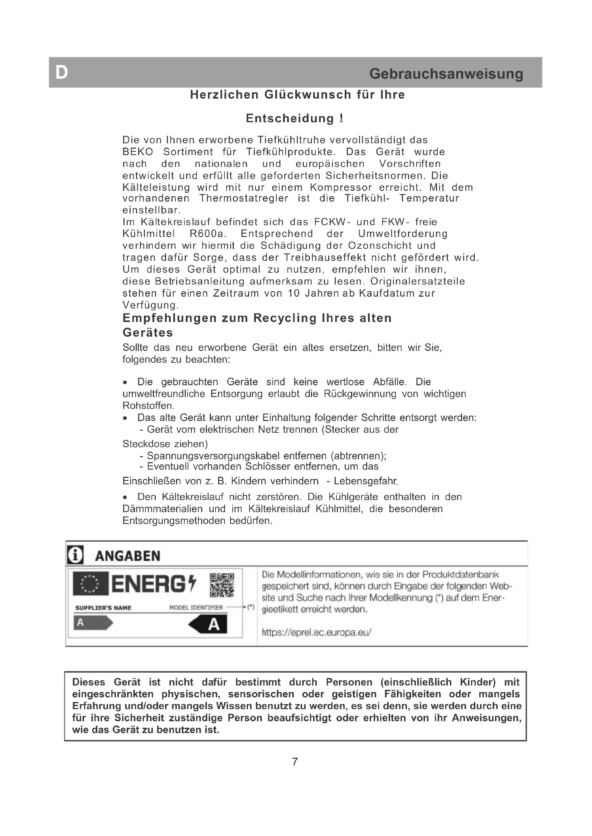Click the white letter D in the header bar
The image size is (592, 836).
coord(62,73)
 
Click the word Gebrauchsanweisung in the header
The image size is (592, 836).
coord(446,74)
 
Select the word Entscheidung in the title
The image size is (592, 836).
coord(290,118)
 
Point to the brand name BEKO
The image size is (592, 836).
coord(138,152)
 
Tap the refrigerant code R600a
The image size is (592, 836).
coord(206,234)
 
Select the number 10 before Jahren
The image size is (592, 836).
coord(294,293)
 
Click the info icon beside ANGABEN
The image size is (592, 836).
coord(76,555)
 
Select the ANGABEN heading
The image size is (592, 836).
coord(127,556)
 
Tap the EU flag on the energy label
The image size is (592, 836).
coord(90,584)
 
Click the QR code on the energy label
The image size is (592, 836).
coord(222,585)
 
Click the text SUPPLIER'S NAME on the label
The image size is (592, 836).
coord(103,608)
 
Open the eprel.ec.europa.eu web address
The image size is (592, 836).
coord(316,632)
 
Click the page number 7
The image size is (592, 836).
coord(295,761)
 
